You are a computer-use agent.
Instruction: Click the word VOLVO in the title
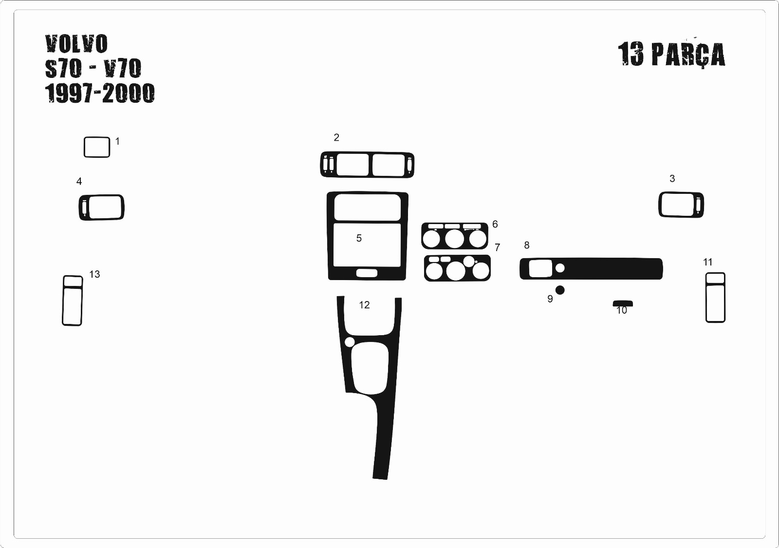point(76,44)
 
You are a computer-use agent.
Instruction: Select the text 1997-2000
point(100,93)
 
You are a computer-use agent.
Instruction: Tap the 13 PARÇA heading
point(671,54)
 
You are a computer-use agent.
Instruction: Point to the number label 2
point(336,137)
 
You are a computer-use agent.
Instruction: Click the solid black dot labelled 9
point(560,290)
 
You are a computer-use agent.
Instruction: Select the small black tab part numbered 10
point(623,304)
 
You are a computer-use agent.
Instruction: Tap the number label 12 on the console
point(364,305)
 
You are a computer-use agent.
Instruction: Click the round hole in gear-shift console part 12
point(350,342)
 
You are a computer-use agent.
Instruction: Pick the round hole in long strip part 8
point(560,268)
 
